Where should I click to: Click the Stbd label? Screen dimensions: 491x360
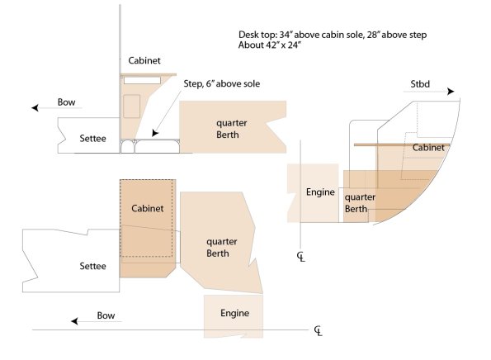pyautogui.click(x=420, y=84)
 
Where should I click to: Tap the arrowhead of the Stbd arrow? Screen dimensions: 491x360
pyautogui.click(x=451, y=92)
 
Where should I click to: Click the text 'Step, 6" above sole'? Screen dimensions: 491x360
pyautogui.click(x=222, y=84)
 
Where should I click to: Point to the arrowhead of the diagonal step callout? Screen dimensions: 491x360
pyautogui.click(x=155, y=133)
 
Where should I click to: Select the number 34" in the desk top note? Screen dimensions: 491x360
pyautogui.click(x=286, y=35)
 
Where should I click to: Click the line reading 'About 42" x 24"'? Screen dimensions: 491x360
pyautogui.click(x=269, y=45)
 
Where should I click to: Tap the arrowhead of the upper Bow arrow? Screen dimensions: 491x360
pyautogui.click(x=35, y=108)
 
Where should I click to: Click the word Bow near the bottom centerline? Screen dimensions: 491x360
pyautogui.click(x=106, y=315)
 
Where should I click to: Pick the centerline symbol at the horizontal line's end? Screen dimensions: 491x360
pyautogui.click(x=319, y=331)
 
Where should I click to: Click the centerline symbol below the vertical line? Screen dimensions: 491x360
pyautogui.click(x=301, y=257)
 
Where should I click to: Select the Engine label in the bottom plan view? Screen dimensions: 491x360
pyautogui.click(x=235, y=313)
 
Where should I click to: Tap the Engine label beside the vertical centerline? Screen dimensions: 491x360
pyautogui.click(x=320, y=192)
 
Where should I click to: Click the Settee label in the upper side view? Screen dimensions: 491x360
pyautogui.click(x=92, y=139)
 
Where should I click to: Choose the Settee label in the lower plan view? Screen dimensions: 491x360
pyautogui.click(x=92, y=267)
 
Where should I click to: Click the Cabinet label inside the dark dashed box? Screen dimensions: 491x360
pyautogui.click(x=148, y=208)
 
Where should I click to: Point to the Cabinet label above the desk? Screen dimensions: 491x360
pyautogui.click(x=144, y=60)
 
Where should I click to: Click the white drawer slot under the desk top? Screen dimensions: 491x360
pyautogui.click(x=142, y=80)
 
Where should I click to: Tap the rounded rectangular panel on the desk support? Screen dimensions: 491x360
pyautogui.click(x=131, y=107)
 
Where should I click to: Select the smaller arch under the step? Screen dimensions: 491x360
pyautogui.click(x=128, y=147)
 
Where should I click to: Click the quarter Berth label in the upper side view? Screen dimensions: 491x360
pyautogui.click(x=231, y=129)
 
